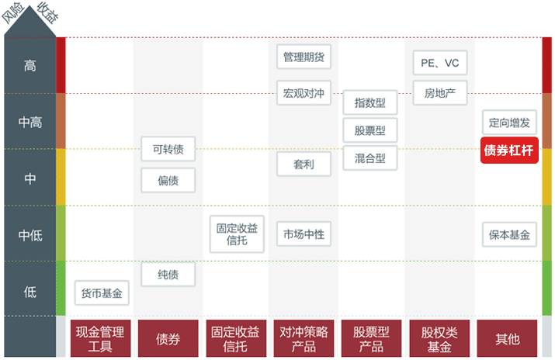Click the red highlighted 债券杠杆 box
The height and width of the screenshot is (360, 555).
tap(508, 151)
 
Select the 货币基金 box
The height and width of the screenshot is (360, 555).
tap(102, 293)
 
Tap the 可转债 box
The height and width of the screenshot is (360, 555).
tap(168, 149)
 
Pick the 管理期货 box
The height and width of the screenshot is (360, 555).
tap(303, 57)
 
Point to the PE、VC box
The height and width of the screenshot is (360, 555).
tap(439, 62)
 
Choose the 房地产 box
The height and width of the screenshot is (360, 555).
tap(439, 94)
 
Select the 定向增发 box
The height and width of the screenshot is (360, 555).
tap(508, 122)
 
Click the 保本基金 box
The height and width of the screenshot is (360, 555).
tap(508, 234)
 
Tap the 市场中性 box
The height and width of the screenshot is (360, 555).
tap(303, 234)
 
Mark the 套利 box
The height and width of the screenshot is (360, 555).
tap(303, 164)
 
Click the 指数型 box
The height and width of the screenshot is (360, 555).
tap(369, 102)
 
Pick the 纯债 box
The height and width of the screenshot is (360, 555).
tap(168, 274)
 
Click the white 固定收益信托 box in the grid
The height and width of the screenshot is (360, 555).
tap(236, 234)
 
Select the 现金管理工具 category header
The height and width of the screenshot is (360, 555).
tap(100, 338)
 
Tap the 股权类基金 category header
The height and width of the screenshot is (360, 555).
tap(439, 338)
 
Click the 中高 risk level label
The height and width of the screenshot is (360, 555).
tap(30, 122)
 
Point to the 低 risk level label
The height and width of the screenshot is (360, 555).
tap(30, 292)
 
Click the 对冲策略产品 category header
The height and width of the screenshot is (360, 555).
tap(304, 338)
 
